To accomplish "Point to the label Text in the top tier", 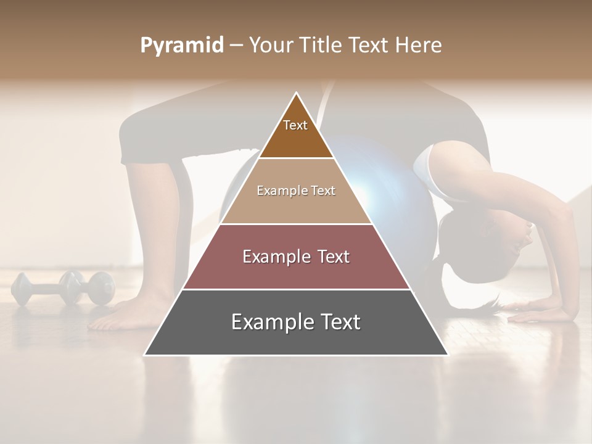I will pos(295,125).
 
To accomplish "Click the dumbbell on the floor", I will pos(62,288).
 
